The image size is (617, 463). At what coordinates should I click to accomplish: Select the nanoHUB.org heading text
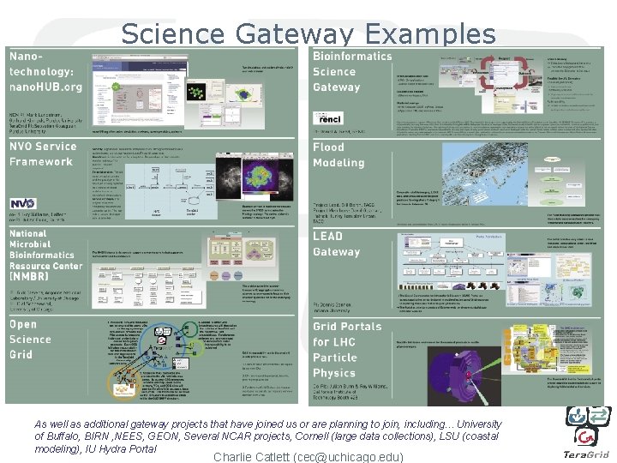tap(46, 87)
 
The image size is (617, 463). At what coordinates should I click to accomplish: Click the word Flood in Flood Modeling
tap(328, 147)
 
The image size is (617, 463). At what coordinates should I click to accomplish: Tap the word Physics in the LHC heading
tap(333, 373)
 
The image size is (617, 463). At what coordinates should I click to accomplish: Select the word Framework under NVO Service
tap(41, 161)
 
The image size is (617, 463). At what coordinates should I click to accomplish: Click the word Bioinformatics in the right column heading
tap(351, 57)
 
